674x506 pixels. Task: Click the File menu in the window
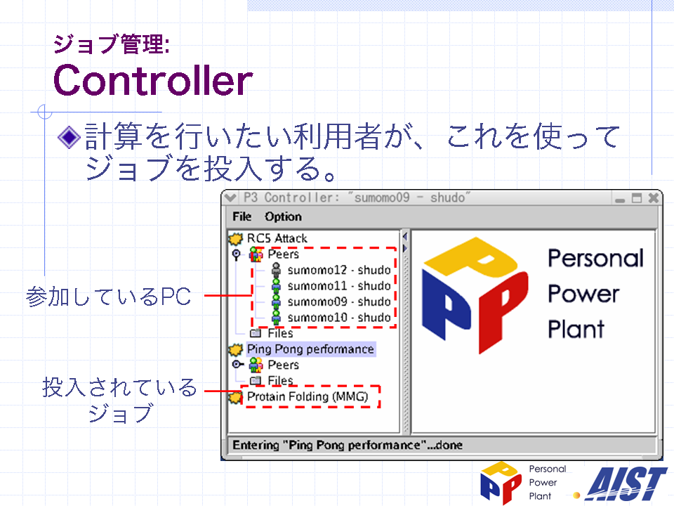(242, 216)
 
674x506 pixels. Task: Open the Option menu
(283, 217)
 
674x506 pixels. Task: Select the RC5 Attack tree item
(277, 238)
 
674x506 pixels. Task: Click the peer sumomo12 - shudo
(339, 270)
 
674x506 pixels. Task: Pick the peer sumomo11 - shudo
(339, 286)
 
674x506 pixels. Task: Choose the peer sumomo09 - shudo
(339, 301)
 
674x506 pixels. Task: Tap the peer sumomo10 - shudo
(339, 318)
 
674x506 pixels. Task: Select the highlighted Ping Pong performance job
(310, 349)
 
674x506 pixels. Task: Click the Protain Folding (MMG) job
(308, 396)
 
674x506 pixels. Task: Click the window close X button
(654, 198)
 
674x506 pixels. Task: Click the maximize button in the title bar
(637, 198)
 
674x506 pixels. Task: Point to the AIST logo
(626, 484)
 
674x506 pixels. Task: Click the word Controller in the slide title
(153, 80)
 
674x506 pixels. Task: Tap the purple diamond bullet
(70, 138)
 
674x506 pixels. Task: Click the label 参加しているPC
(108, 297)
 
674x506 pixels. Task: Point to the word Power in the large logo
(583, 294)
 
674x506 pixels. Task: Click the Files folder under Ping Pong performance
(280, 380)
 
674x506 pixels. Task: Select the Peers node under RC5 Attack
(283, 254)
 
